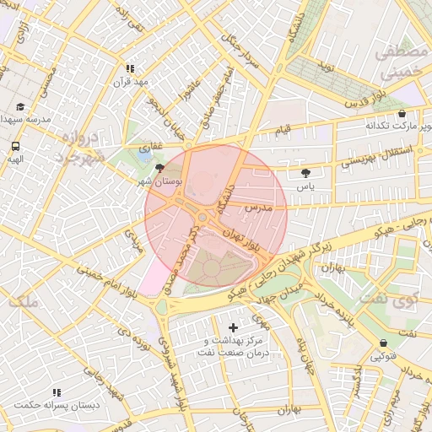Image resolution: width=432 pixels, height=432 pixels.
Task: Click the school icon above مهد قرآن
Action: click(130, 68)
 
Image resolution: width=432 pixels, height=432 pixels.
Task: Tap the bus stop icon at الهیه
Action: click(16, 146)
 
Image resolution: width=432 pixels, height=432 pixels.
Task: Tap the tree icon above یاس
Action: click(305, 172)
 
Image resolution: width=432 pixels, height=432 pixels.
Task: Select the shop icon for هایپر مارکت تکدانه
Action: click(401, 113)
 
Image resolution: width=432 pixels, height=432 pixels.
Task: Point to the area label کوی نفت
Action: click(388, 298)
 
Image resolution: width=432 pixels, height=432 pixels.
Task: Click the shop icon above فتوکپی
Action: click(385, 343)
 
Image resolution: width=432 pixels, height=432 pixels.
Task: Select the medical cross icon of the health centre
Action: click(234, 327)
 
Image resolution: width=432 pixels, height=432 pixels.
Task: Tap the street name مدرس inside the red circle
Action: click(256, 207)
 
